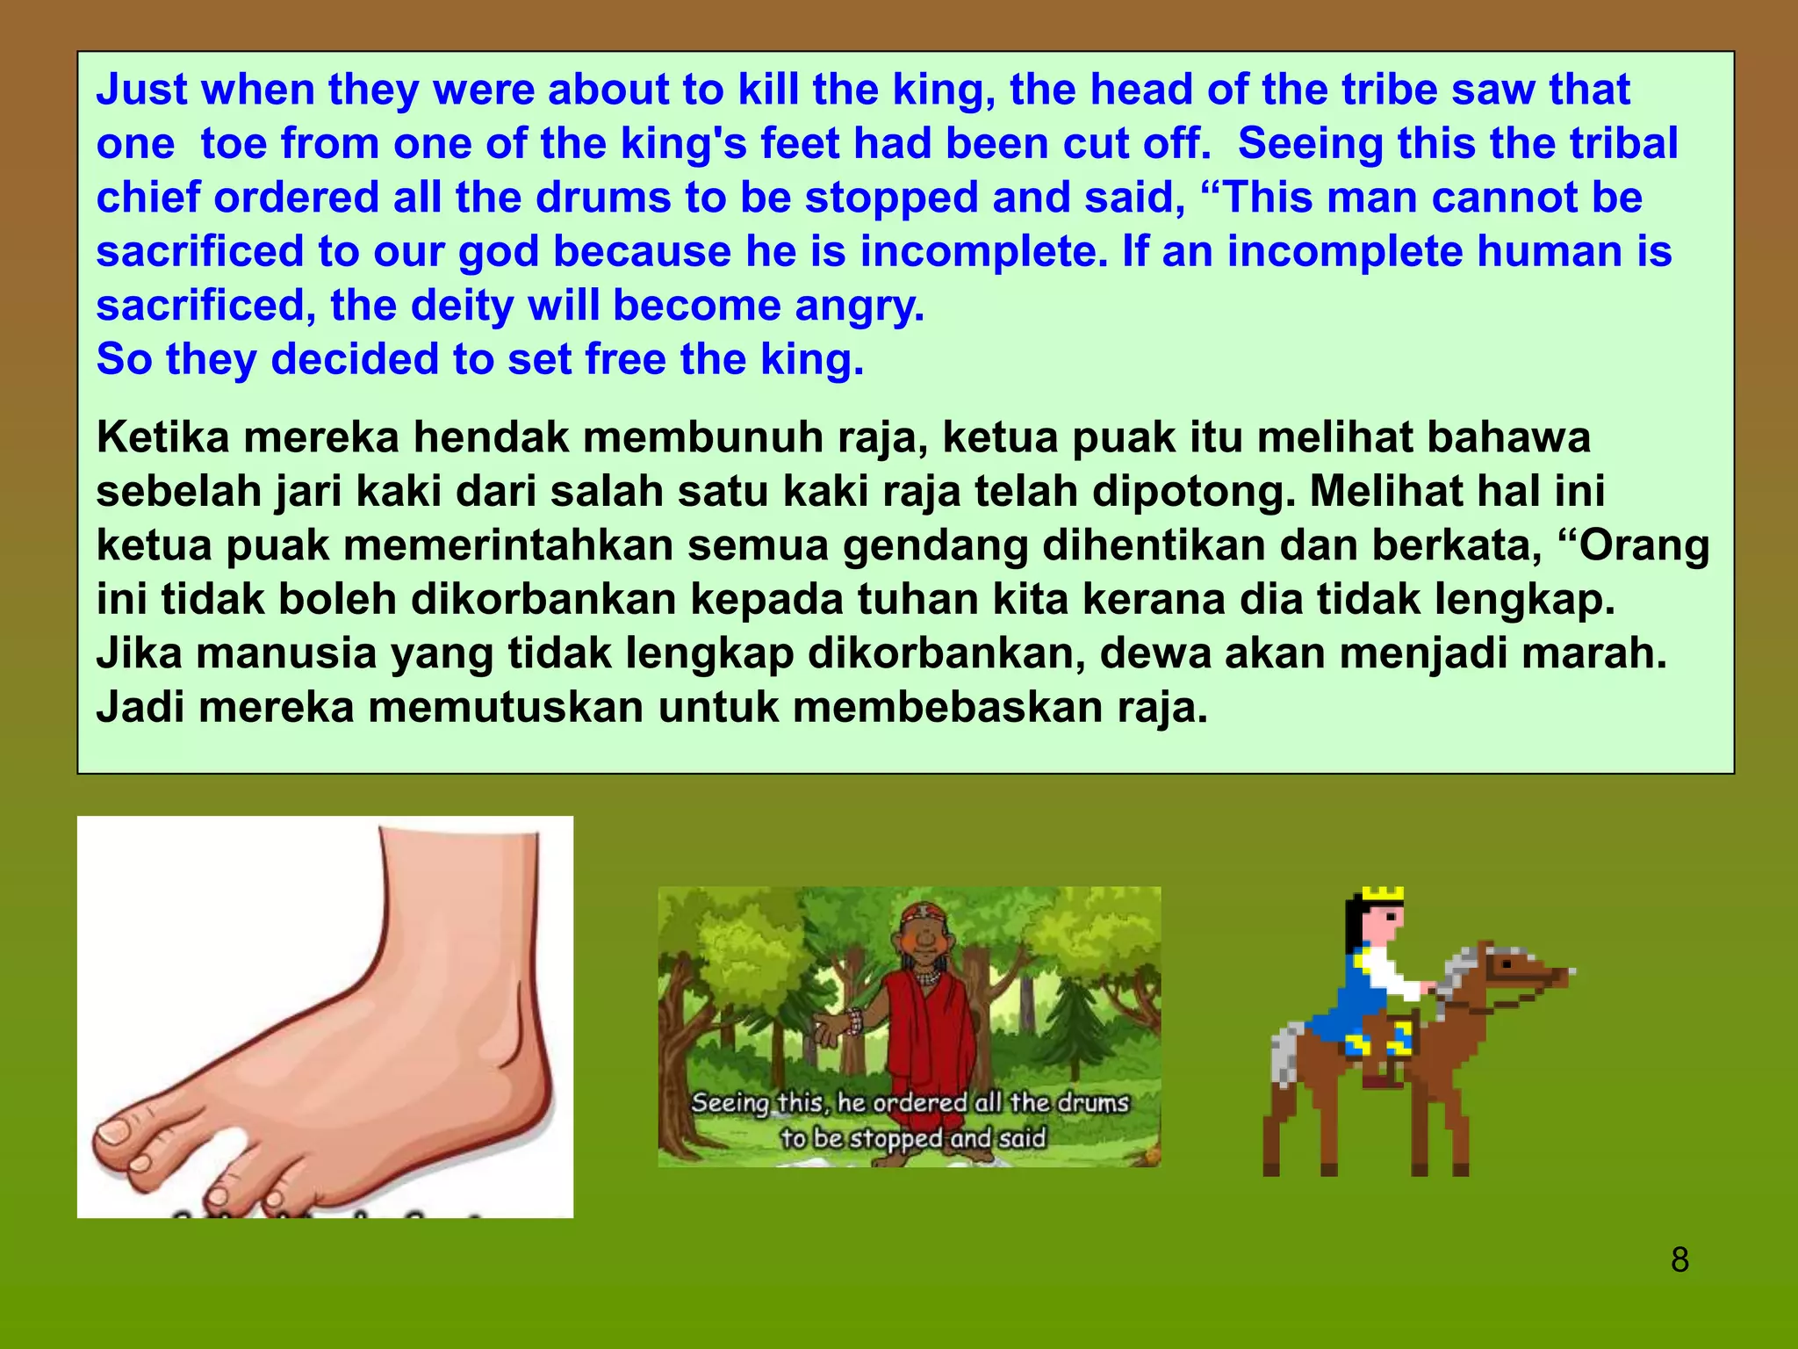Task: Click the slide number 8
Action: coord(1679,1260)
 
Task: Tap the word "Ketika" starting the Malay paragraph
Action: coord(162,437)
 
